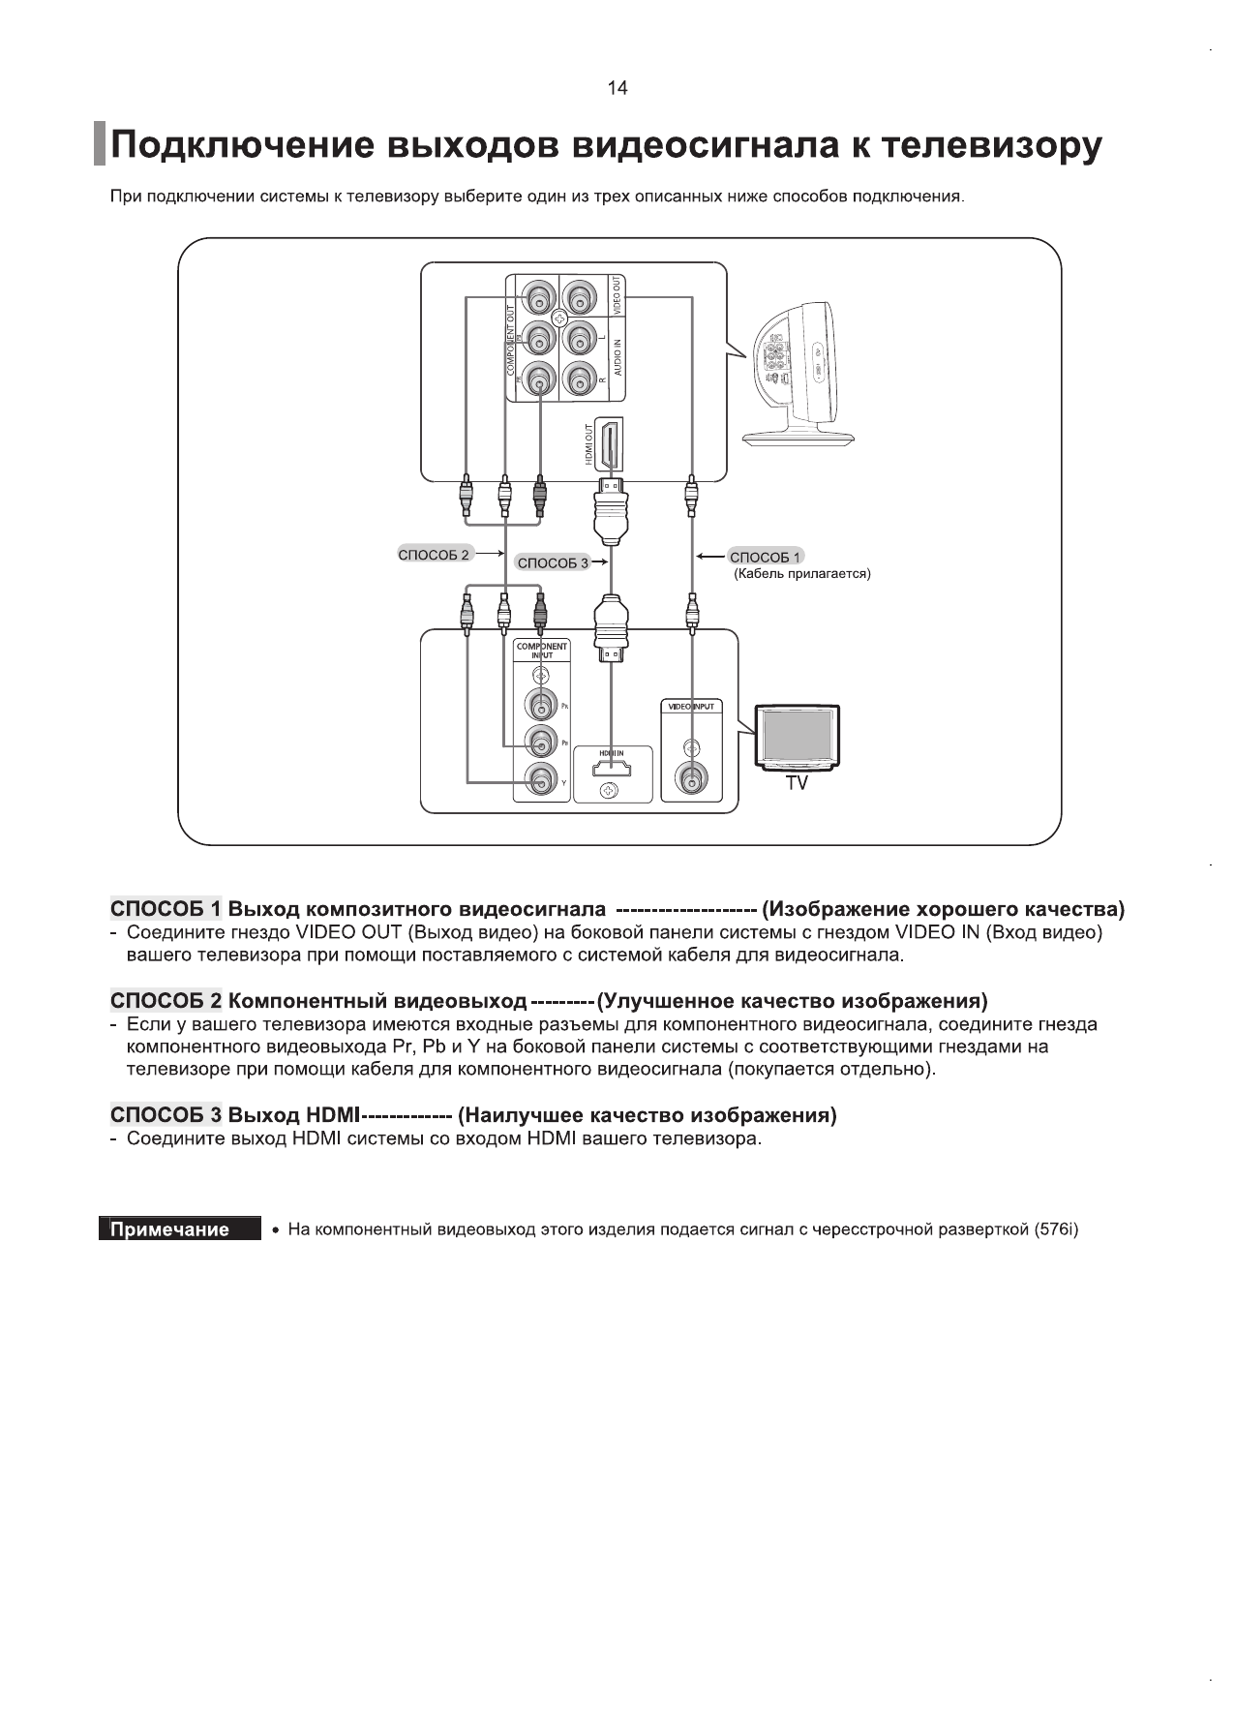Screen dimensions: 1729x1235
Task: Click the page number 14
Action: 617,88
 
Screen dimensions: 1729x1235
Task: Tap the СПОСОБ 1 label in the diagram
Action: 765,557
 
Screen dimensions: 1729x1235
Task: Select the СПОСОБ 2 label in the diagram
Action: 434,555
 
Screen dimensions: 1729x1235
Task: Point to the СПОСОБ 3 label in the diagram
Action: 553,562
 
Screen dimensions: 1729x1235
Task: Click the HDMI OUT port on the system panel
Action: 610,445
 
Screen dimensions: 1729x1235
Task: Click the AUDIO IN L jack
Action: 579,338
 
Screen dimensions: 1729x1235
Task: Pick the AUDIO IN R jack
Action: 579,379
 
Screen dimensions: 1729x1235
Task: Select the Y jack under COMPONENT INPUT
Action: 540,780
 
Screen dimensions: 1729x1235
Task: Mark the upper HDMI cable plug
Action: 610,513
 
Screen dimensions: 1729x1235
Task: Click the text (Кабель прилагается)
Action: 802,574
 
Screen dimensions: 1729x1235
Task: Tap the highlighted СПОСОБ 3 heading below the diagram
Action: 166,1115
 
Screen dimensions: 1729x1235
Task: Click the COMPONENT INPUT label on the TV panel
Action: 541,650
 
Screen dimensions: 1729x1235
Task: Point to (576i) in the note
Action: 1056,1229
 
